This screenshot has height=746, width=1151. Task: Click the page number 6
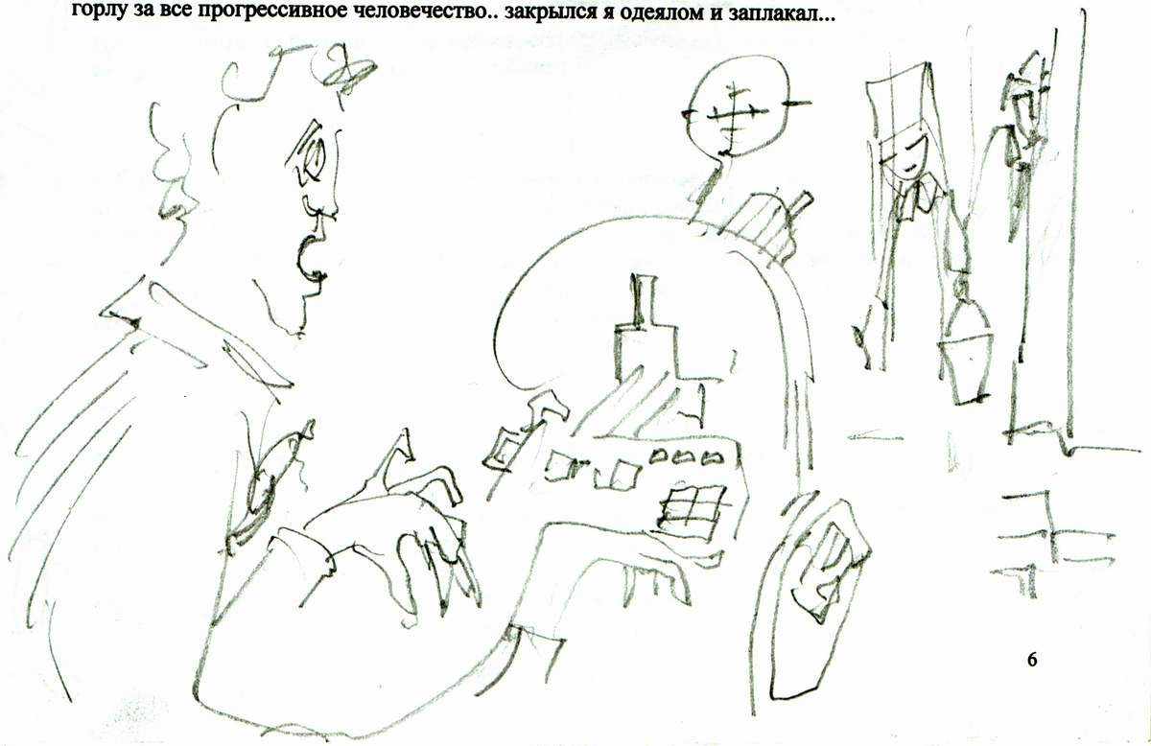point(1032,659)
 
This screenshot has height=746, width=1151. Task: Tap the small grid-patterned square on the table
point(693,508)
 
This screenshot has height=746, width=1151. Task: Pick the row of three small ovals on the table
point(686,456)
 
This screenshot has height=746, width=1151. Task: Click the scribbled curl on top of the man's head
point(344,71)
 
